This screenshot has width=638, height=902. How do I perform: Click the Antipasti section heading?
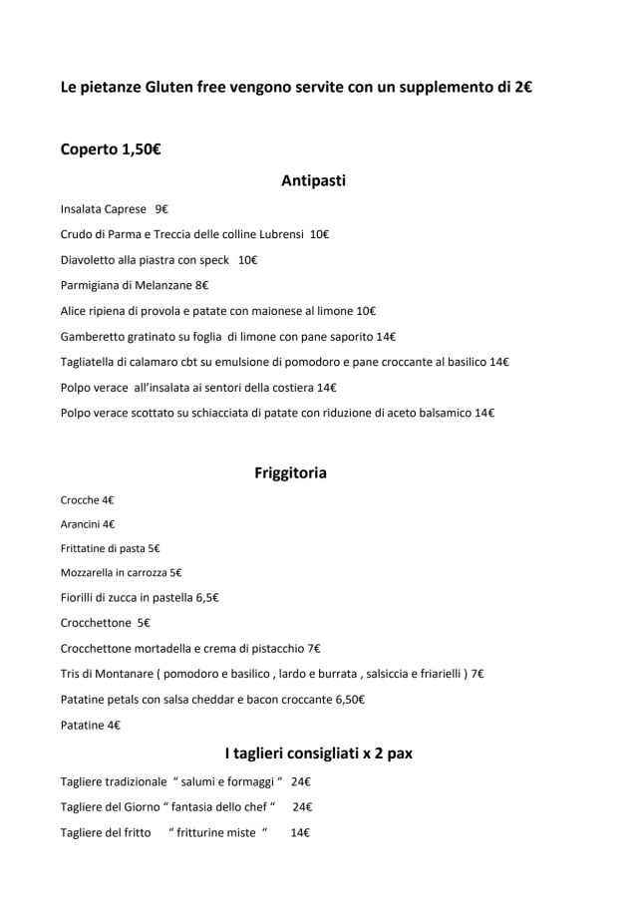[x=313, y=180]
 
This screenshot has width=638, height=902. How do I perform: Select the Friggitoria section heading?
[x=290, y=472]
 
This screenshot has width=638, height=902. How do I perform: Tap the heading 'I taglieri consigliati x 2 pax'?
[x=318, y=753]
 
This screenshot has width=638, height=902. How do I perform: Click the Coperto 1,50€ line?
[x=111, y=150]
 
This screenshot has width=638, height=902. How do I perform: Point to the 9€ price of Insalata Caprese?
[x=161, y=209]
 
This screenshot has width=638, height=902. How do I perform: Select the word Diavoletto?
[x=88, y=260]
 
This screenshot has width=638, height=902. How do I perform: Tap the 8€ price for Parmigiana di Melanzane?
[x=201, y=286]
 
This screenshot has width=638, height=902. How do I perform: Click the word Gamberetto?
[x=95, y=337]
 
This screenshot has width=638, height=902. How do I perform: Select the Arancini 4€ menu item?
[x=88, y=524]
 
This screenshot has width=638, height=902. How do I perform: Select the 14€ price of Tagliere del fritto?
[x=300, y=833]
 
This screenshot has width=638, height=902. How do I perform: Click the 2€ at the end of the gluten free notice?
[x=521, y=88]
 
